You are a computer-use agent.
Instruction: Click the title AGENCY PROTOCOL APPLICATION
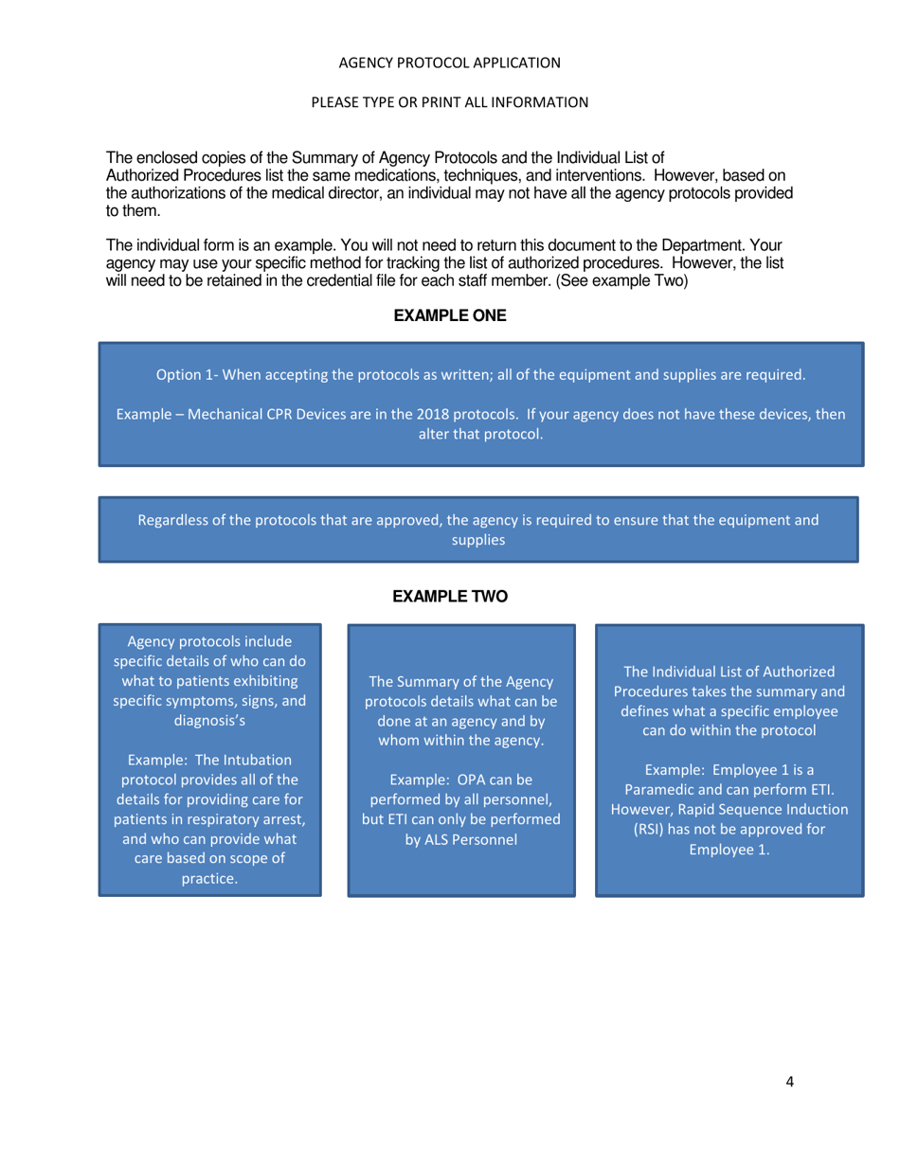449,63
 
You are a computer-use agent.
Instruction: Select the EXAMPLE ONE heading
450,317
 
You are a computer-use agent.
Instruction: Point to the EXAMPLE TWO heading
450,596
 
